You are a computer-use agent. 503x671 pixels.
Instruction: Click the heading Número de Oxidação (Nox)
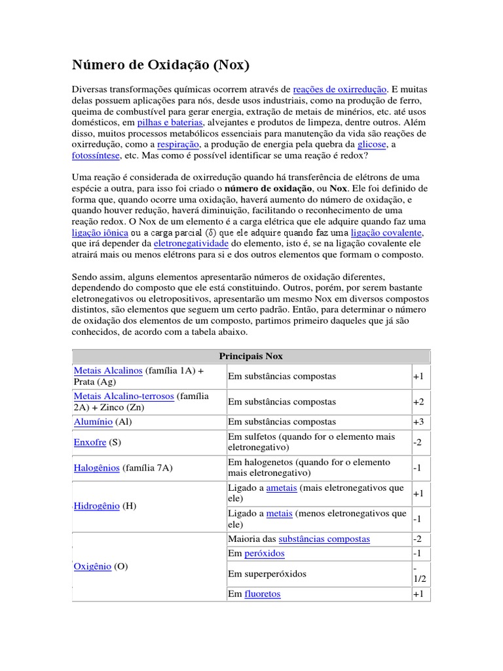point(160,66)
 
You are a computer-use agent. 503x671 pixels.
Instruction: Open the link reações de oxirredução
point(340,88)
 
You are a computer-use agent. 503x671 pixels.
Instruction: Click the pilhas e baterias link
point(170,123)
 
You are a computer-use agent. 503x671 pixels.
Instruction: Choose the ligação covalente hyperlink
point(386,233)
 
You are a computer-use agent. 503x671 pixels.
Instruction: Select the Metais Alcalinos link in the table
point(108,370)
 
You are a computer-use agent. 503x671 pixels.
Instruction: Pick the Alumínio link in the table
point(93,421)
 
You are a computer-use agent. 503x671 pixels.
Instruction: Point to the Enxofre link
point(90,442)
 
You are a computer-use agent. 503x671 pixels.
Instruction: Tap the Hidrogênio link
point(97,507)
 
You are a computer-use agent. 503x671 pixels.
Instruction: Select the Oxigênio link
point(92,566)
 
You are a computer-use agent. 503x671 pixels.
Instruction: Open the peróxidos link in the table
point(265,553)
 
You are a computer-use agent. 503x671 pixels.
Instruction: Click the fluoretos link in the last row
point(263,594)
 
